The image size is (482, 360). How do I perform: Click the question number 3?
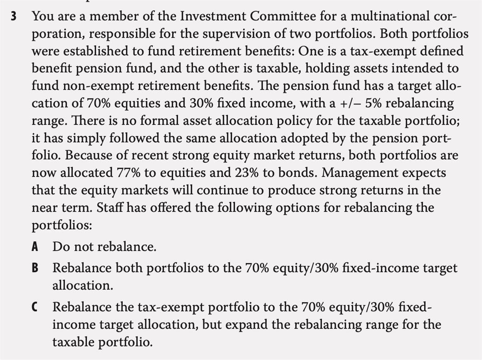[14, 17]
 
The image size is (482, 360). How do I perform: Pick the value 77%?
[134, 173]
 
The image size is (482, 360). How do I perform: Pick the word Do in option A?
[61, 247]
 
